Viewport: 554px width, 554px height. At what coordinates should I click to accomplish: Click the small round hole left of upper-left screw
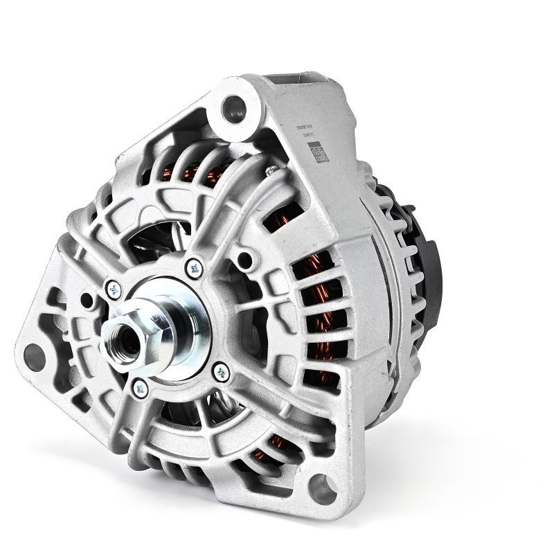87,300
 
